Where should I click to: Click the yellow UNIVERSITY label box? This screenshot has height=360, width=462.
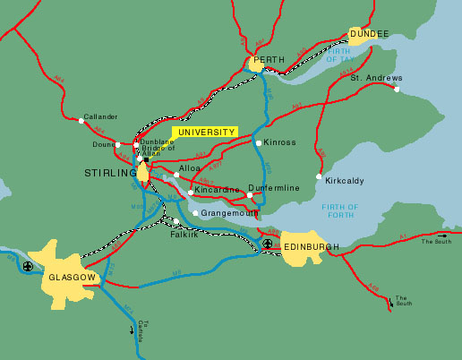coord(206,132)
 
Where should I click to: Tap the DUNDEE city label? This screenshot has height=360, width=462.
coord(369,34)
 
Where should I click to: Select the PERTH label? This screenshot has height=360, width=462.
coord(269,61)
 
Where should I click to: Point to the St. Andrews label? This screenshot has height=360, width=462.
coord(372,78)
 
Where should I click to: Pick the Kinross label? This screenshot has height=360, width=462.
coord(278,142)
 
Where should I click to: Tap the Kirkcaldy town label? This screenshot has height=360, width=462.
coord(344,180)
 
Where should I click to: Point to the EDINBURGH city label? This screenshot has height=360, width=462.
coord(311,246)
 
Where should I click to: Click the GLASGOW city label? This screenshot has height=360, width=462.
coord(72,278)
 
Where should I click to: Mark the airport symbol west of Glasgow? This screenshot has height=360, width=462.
coord(29,266)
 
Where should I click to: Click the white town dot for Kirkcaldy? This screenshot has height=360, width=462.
coord(319,176)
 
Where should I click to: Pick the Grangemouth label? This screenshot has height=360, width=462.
coord(229,213)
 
